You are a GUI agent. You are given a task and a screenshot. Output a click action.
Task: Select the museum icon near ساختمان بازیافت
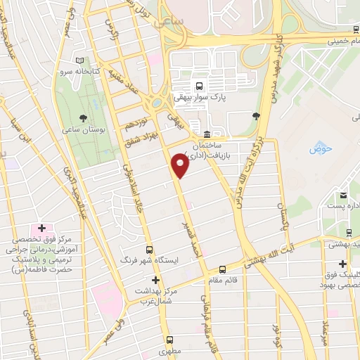coord(206,134)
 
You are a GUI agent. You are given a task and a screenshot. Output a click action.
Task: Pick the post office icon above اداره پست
coord(342,194)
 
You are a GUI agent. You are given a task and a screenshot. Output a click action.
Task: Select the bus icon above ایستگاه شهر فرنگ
coord(149,250)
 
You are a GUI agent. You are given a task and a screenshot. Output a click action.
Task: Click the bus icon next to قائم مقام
coord(223,269)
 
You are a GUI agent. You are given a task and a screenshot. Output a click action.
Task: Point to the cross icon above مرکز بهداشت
coord(155,279)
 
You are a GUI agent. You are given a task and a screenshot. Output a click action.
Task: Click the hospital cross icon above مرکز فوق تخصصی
coord(41,229)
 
